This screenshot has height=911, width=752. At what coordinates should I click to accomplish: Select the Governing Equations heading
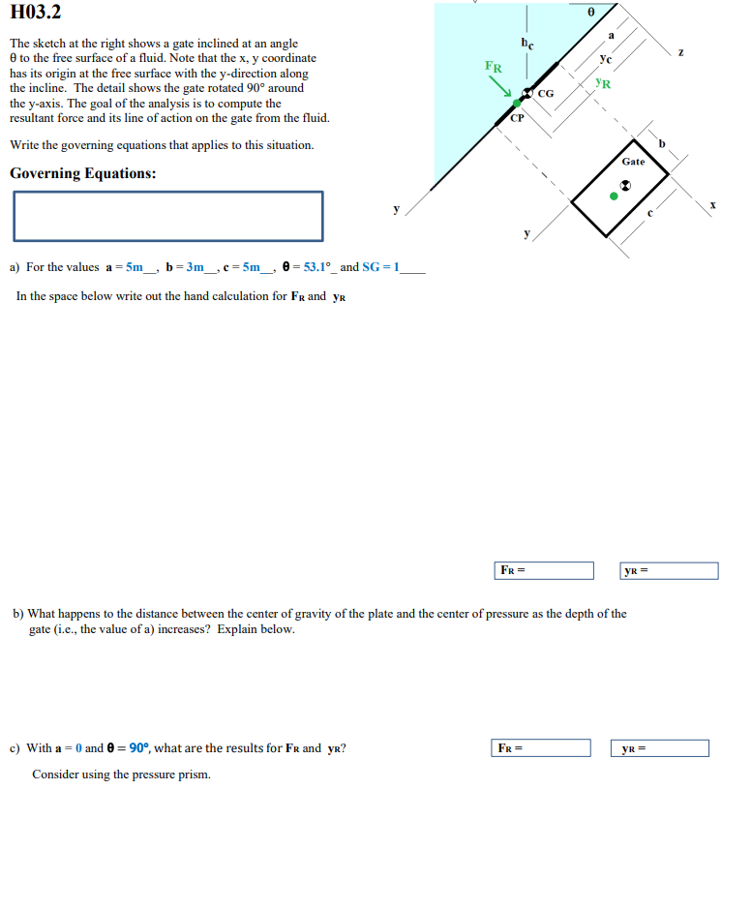(82, 174)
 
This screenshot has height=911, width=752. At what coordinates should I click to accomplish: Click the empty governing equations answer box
(167, 216)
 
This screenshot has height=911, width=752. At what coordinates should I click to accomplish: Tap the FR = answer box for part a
(544, 571)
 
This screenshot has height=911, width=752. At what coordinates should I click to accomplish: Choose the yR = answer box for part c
(664, 748)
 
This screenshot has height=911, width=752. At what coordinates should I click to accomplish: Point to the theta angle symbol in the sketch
(590, 13)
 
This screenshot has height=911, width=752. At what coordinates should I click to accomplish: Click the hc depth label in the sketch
(526, 44)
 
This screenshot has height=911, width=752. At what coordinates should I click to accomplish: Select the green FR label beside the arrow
(494, 68)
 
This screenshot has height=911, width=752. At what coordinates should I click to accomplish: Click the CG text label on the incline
(546, 94)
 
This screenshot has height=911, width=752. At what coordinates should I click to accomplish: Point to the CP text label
(517, 117)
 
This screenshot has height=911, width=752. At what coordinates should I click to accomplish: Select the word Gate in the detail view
(633, 162)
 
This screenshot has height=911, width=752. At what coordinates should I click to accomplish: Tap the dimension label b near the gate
(663, 144)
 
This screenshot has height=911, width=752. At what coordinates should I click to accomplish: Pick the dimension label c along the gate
(650, 214)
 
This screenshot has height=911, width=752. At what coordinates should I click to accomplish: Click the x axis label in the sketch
(713, 205)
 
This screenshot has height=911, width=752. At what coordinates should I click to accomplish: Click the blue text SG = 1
(380, 267)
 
